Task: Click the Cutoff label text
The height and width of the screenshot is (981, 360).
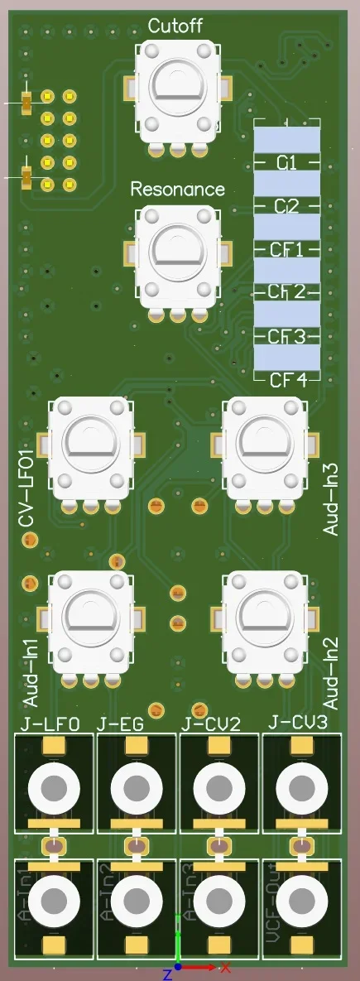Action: coord(175,26)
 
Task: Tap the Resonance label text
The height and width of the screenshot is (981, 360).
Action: coord(177,189)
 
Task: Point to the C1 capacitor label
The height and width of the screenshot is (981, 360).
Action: coord(286,162)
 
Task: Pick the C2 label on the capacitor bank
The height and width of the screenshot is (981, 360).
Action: coord(286,205)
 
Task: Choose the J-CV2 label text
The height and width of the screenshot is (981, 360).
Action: coord(210,724)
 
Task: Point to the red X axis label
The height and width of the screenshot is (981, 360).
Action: coord(224,966)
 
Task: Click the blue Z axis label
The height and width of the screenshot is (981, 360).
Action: coord(166,974)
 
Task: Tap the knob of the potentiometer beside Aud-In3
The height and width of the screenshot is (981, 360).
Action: coord(265,442)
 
